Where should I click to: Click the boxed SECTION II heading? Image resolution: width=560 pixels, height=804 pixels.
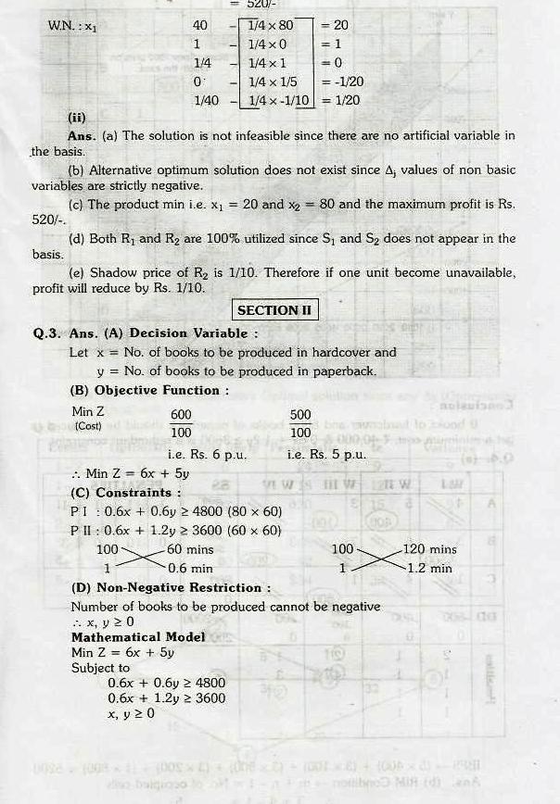click(x=274, y=310)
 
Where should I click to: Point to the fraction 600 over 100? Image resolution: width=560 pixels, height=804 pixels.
click(x=181, y=423)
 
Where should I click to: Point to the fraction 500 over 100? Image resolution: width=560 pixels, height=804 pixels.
click(x=300, y=423)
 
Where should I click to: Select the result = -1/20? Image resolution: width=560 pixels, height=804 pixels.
click(x=341, y=82)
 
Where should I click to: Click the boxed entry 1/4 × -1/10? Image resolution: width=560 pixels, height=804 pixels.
click(x=275, y=100)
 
